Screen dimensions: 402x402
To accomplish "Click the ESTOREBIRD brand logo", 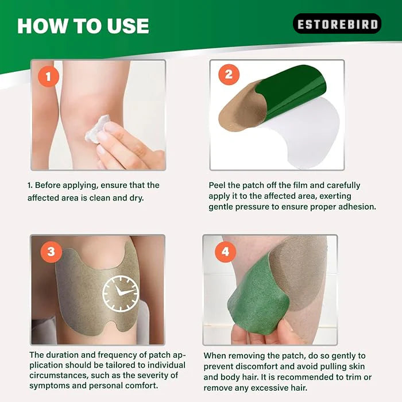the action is click(x=337, y=24).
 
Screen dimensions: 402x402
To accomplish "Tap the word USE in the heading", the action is click(x=128, y=26).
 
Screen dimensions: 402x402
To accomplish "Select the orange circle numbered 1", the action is click(x=48, y=76).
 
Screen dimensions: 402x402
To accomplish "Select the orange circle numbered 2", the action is click(x=229, y=75).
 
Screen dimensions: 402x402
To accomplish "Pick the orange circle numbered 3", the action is click(x=51, y=252).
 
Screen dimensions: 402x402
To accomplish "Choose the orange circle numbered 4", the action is click(x=225, y=252).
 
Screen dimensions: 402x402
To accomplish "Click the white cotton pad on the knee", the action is click(x=98, y=128).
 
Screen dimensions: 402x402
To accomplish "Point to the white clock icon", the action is click(x=121, y=293).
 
